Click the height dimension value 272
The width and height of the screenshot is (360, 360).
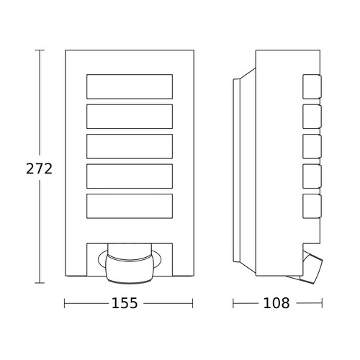tap(39, 168)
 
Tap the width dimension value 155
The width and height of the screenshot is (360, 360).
tap(125, 303)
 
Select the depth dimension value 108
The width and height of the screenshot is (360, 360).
tap(276, 303)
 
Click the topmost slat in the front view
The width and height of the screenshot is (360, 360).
tap(130, 86)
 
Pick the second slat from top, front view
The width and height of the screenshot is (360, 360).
tap(130, 117)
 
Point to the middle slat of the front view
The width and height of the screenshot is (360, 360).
tap(130, 146)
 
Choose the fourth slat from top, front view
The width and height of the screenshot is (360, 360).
tap(130, 176)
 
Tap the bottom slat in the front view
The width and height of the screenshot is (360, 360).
tap(130, 206)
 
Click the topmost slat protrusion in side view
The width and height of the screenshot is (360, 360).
tap(312, 86)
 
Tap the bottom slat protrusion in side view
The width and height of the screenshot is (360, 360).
tap(312, 206)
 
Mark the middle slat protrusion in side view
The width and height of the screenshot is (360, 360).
tap(312, 146)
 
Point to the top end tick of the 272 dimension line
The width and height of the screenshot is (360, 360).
tap(40, 50)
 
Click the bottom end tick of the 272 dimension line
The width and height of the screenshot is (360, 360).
tap(40, 283)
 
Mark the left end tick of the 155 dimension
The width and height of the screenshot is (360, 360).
tap(65, 303)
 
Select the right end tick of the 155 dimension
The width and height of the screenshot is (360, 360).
tap(192, 303)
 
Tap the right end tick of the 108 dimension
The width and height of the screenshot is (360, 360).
tap(322, 303)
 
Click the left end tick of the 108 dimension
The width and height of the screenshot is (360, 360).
tap(233, 303)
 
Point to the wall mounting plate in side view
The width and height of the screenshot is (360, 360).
tap(236, 171)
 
